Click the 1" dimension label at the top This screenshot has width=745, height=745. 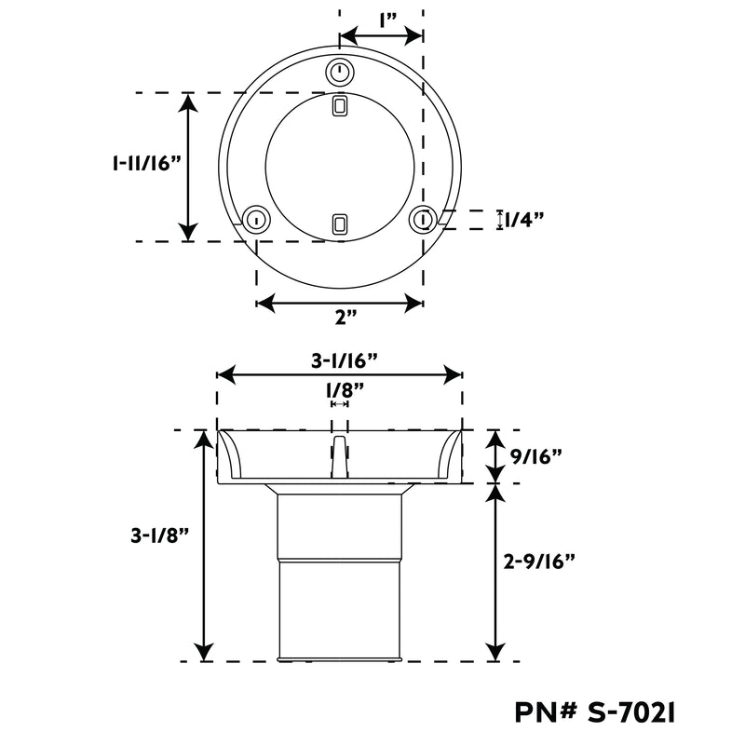click(x=387, y=20)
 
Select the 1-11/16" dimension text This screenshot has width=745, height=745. click(x=147, y=163)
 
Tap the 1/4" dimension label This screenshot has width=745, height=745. click(x=523, y=220)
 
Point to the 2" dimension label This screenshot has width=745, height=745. click(x=345, y=317)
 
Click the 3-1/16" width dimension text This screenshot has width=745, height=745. click(x=345, y=361)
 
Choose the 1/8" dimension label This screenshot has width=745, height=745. click(x=345, y=391)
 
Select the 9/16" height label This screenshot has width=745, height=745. click(x=536, y=457)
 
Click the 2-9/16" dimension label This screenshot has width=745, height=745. click(x=539, y=562)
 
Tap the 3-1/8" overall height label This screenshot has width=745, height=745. click(x=160, y=536)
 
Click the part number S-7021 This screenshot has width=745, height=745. click(x=631, y=712)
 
